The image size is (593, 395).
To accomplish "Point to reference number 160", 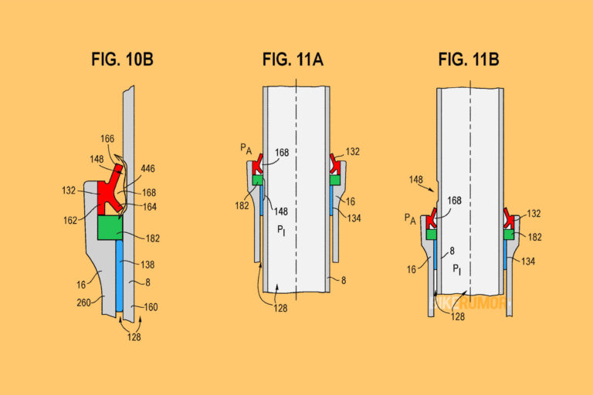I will tap(151, 307).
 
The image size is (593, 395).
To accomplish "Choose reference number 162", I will tap(71, 219).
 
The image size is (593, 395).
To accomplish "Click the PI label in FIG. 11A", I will tap(282, 230).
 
